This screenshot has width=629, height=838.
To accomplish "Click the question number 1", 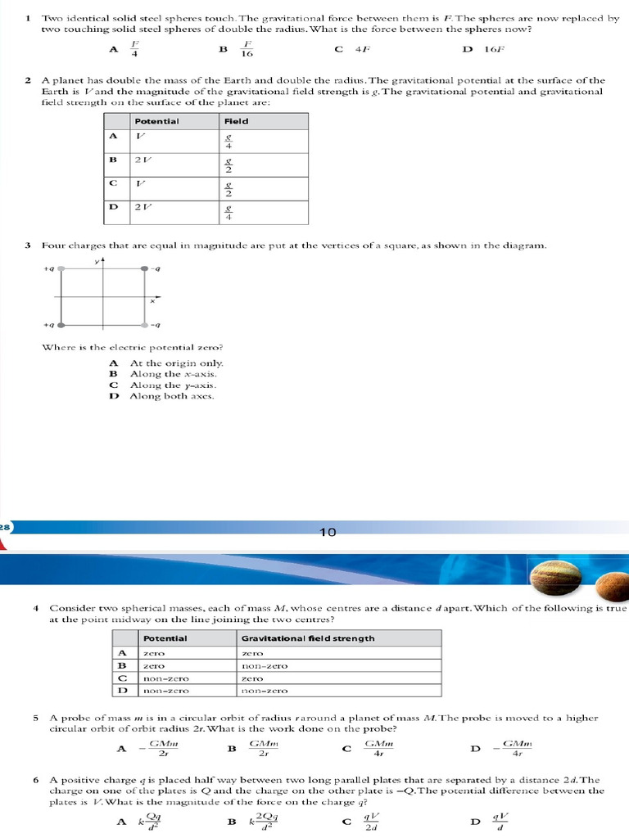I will [28, 17].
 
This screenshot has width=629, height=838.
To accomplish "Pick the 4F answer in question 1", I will [364, 49].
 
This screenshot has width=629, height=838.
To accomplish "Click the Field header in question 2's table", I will [237, 121].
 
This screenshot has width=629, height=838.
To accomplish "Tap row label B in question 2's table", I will [114, 160].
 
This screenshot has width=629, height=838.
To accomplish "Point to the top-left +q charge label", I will [49, 268].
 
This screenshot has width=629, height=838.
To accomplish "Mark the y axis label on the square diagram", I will [96, 261].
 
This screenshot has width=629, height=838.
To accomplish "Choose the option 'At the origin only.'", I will [176, 363].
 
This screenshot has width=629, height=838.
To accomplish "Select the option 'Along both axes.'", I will [172, 396].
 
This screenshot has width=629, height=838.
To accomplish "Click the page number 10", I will [328, 533].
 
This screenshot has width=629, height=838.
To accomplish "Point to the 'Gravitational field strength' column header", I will [308, 638].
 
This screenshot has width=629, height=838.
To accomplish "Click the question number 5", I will [37, 718].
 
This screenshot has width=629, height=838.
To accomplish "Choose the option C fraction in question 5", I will [379, 748].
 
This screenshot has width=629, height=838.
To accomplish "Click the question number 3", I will [28, 246].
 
